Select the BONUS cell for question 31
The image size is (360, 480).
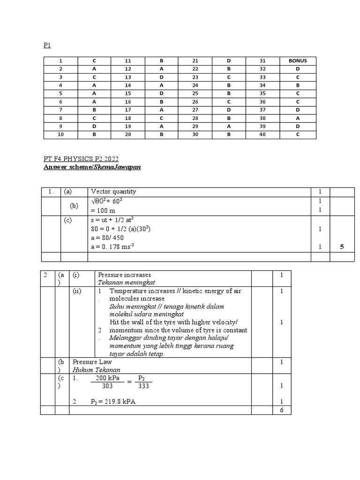point(298,60)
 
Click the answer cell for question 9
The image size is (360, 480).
point(94,127)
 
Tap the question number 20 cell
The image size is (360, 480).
point(128,135)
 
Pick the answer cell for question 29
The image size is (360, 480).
point(229,127)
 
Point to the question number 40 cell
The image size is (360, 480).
point(263,135)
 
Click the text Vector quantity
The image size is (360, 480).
point(113,192)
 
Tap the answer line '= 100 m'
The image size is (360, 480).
point(103,210)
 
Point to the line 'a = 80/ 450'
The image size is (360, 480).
point(107,238)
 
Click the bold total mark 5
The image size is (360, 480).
point(342,247)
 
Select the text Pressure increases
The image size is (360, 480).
point(124,275)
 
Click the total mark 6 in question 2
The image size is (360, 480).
point(281,410)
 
